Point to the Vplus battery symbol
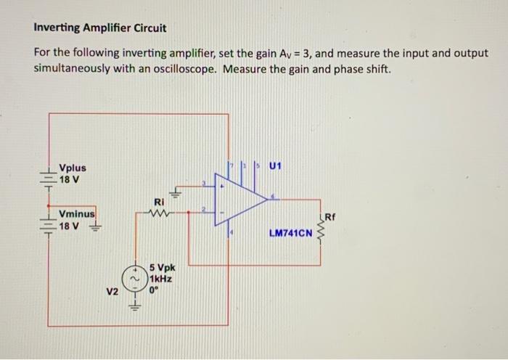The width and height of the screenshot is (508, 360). coord(49,175)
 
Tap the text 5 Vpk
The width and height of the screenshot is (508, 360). coord(163,268)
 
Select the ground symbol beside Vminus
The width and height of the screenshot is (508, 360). coord(94,226)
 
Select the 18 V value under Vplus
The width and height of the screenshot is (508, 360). coord(70,179)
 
